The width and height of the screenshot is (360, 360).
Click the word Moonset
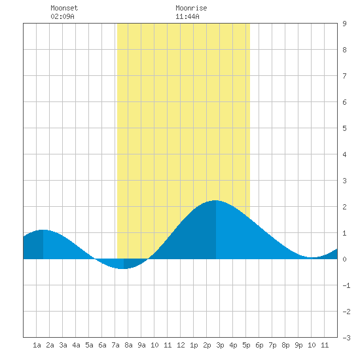point(64,8)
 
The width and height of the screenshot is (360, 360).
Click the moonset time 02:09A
point(62,16)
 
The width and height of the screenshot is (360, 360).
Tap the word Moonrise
point(191,8)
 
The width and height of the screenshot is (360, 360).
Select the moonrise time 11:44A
point(187,16)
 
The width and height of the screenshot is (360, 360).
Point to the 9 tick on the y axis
point(344,24)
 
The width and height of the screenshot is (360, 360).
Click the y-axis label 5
point(344,128)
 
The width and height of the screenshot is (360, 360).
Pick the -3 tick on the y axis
point(346,338)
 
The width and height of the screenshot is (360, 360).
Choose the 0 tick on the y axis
point(344,259)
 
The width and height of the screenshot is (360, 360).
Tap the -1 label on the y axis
point(346,285)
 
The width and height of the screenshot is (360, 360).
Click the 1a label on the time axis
point(37,345)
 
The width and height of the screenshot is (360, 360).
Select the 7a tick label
point(115,345)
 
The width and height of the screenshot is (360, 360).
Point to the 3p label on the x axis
point(220,345)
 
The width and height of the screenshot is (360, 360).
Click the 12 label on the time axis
point(181,345)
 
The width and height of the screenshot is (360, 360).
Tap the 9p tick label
point(298,345)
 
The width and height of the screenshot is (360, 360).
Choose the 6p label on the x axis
point(259,345)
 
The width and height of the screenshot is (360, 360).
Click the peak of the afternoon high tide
point(215,200)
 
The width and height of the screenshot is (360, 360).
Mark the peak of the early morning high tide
point(43,230)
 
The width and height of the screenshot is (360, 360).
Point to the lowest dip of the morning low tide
point(124,268)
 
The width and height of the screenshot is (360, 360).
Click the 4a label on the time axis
point(76,345)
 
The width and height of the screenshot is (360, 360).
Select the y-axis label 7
point(344,76)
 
